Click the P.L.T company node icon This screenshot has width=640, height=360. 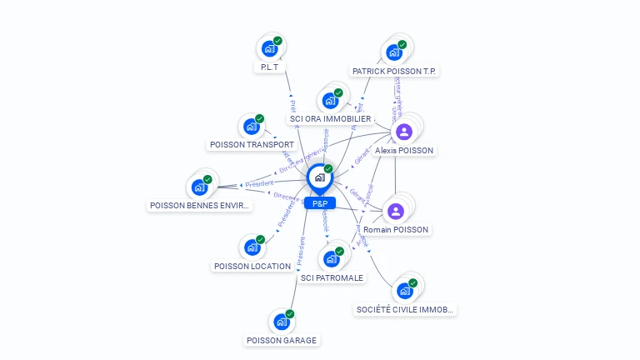coord(268,48)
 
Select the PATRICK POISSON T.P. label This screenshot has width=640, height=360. coord(395,72)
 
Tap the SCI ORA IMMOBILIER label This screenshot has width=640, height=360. coord(330,119)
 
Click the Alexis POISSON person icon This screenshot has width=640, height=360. coord(404,132)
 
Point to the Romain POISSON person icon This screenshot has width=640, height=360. coord(396,211)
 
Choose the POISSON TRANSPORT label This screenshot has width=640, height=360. coord(252,145)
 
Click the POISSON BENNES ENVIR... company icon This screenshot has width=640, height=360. coord(200,187)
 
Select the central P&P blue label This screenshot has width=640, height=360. coord(320,203)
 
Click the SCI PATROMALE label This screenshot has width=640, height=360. coord(332,277)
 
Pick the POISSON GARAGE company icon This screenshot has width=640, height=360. coord(282,322)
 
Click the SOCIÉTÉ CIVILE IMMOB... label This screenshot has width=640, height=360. coord(405,310)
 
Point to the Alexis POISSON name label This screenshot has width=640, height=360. coord(404,151)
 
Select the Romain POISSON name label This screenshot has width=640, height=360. coord(396,229)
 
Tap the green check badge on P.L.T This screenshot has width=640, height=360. coord(277,41)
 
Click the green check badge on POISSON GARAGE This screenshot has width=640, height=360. coord(290,314)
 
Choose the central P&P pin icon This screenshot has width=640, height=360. coord(319,177)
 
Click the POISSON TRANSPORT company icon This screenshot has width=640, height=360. coord(251,127)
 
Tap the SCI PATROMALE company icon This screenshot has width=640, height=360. coord(331,258)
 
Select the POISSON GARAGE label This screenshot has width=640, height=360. coord(282,340)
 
